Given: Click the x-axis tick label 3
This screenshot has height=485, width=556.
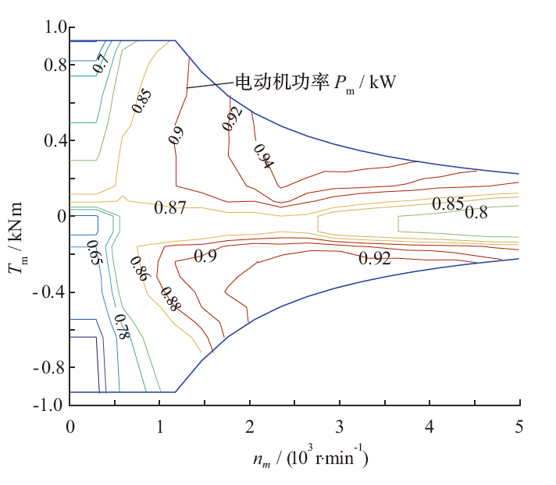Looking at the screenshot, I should point(340,427).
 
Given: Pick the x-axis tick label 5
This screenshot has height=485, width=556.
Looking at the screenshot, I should point(519,427).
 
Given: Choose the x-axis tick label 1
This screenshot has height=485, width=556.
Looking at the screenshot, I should point(159,427).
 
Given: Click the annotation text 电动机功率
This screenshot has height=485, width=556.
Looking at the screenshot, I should point(269,80).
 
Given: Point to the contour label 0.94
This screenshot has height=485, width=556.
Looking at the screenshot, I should point(264,156).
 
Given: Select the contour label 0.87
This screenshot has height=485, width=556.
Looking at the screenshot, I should point(169,207).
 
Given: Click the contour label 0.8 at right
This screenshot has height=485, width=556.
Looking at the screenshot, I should point(476,211).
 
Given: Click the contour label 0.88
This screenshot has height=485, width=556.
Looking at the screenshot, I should point(169,299).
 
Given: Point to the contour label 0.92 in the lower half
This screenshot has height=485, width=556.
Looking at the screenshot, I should point(375,259).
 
